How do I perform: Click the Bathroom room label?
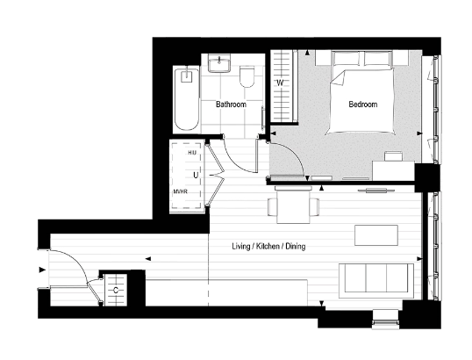click(230, 105)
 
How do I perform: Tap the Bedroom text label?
click(362, 104)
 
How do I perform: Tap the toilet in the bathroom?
click(247, 79)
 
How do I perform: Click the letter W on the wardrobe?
click(280, 83)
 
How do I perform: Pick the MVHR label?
click(182, 193)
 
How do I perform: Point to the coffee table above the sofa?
click(375, 235)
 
